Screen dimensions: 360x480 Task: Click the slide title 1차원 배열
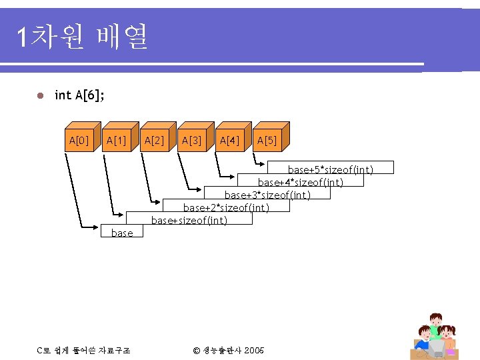[83, 37]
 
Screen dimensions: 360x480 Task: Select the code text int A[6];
[79, 95]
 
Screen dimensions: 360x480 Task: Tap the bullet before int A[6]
[40, 96]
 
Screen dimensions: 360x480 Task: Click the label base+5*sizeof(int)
[330, 169]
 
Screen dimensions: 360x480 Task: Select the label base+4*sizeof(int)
[301, 182]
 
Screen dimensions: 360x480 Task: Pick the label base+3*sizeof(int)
[267, 195]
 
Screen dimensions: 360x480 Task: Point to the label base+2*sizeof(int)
[226, 207]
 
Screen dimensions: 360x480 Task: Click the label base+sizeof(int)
[190, 220]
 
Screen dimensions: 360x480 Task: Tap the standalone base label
[122, 233]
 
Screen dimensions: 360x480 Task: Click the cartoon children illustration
[436, 335]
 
